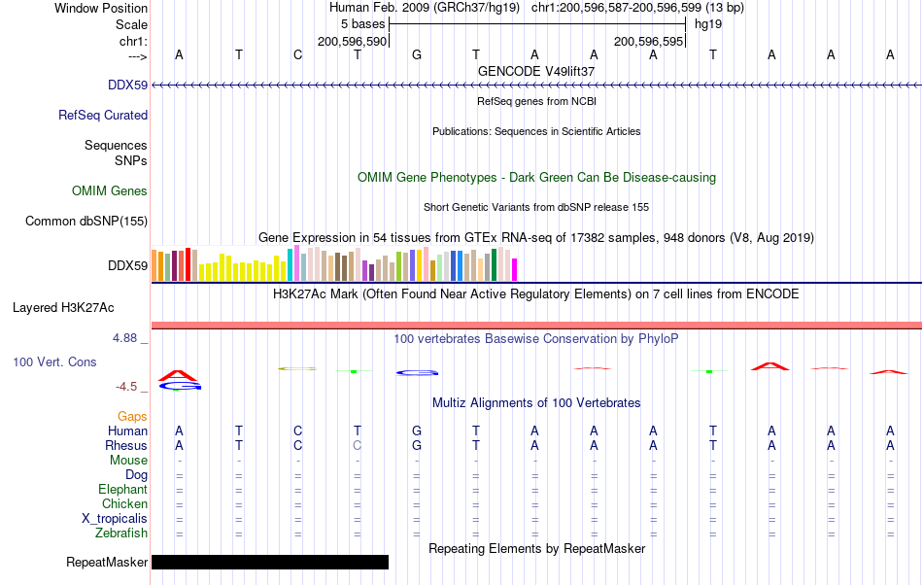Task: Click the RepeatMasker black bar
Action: [269, 562]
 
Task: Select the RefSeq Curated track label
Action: [103, 116]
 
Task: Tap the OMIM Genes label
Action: [110, 190]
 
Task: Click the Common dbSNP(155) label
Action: [86, 222]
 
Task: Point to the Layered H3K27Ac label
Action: [63, 308]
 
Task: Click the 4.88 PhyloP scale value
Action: [124, 338]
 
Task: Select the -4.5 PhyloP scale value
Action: [126, 387]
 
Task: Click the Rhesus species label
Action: [126, 445]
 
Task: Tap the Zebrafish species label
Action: [121, 533]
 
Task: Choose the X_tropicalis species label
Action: [115, 519]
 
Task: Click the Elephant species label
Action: [123, 490]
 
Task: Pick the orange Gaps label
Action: [132, 417]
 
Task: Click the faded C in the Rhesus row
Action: [358, 445]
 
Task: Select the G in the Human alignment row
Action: [417, 430]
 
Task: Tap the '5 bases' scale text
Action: [362, 24]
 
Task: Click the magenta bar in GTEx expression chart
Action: [515, 269]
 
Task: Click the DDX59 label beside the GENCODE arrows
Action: [127, 86]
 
